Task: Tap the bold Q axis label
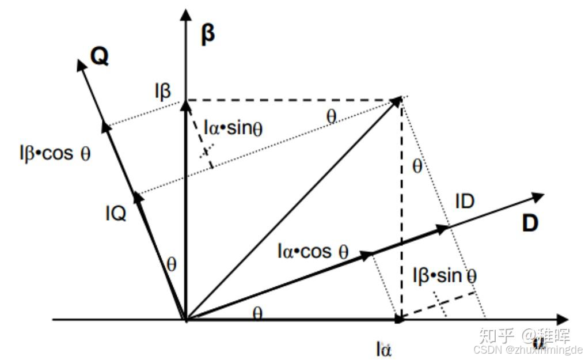point(100,56)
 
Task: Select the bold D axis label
point(530,223)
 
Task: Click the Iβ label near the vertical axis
point(162,91)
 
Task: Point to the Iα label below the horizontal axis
point(384,348)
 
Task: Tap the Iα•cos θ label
point(313,251)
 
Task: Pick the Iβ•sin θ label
point(445,276)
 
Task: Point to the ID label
point(465,202)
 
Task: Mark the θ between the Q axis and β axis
point(171,264)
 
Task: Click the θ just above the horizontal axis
point(258,313)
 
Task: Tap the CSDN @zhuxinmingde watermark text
point(527,350)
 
